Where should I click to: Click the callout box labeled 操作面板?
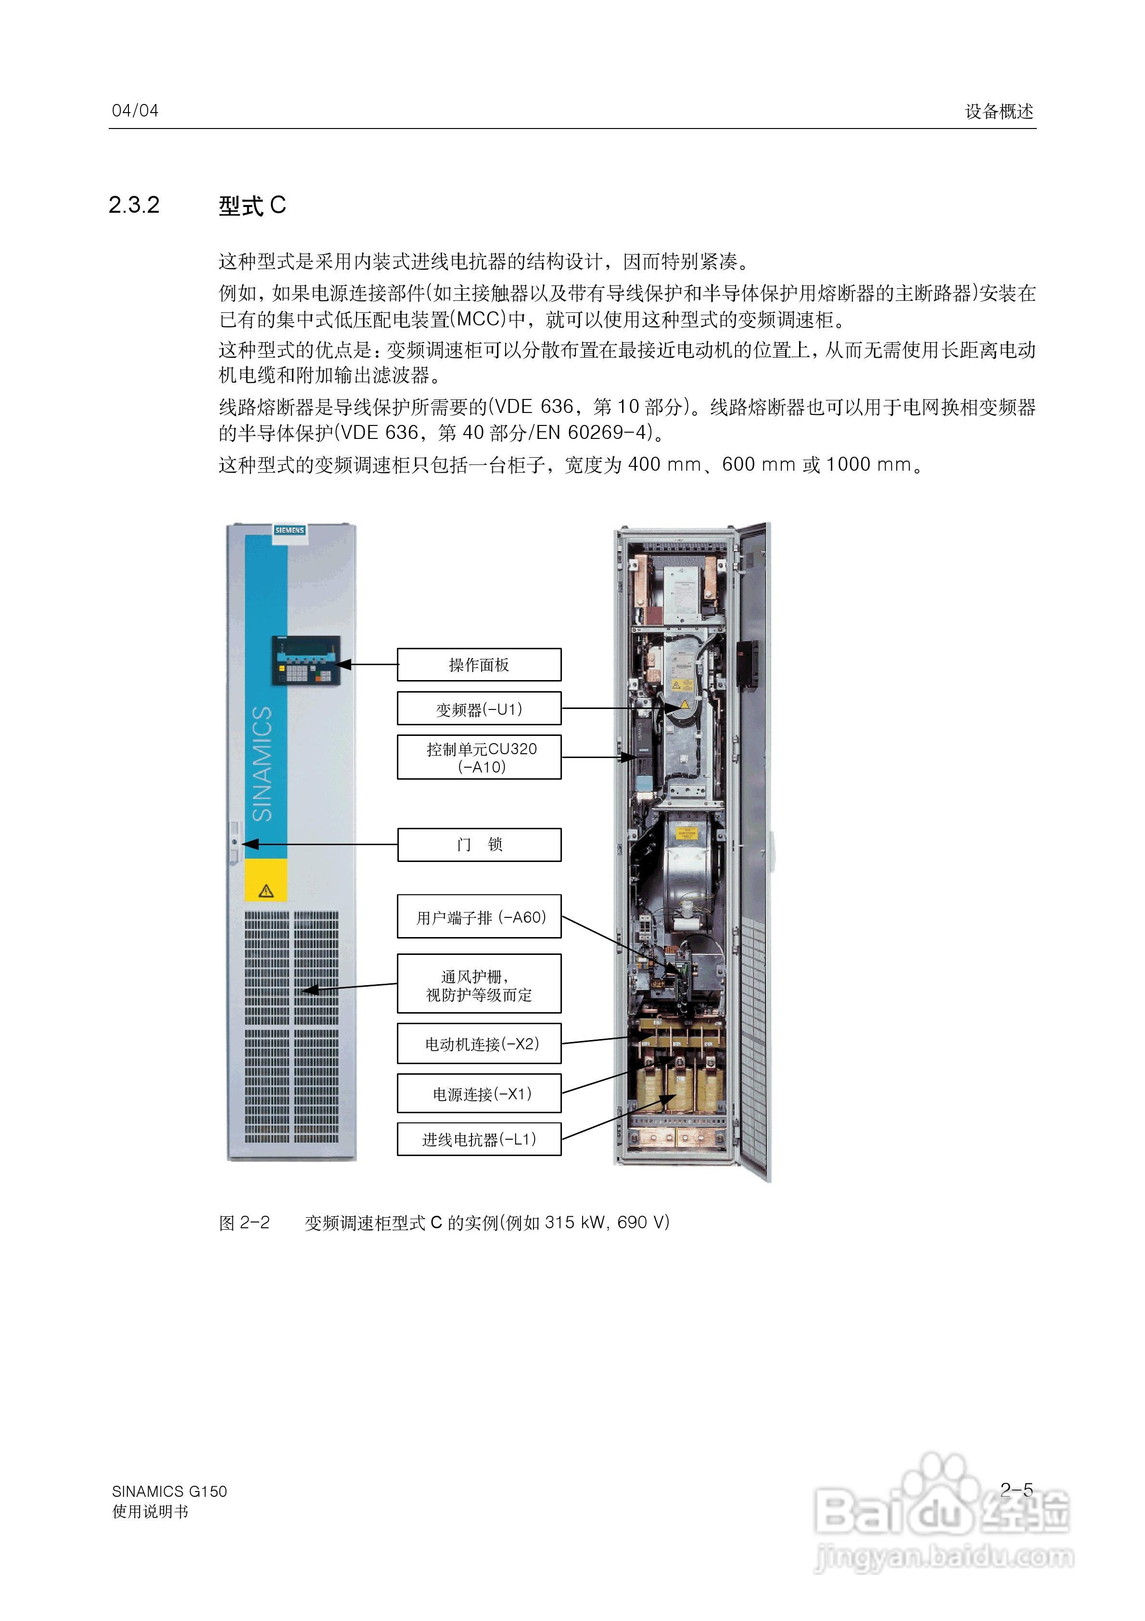click(479, 664)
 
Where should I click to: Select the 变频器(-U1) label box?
click(479, 708)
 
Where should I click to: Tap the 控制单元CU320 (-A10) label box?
click(479, 757)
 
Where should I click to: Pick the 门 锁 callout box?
click(479, 844)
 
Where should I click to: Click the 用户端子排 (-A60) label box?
click(479, 916)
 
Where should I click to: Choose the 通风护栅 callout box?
click(479, 983)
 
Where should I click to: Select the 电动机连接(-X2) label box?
click(479, 1043)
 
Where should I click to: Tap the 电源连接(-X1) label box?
click(479, 1094)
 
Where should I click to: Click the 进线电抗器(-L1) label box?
click(479, 1139)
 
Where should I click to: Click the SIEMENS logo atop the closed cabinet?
click(290, 529)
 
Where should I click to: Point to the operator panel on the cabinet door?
click(305, 660)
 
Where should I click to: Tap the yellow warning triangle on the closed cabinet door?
click(266, 890)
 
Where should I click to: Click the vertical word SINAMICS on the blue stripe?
click(263, 763)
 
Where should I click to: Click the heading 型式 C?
click(252, 206)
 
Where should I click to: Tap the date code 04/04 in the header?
click(135, 111)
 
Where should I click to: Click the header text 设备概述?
click(999, 112)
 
